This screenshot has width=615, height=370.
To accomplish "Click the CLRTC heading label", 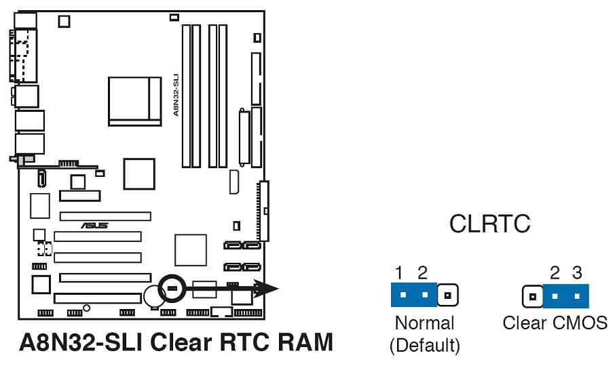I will point(489,224).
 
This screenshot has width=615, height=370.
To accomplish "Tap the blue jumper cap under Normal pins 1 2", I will point(414,295).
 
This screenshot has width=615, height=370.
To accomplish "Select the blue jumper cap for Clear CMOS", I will point(566,296).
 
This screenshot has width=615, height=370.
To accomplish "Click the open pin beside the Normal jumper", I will point(448,295).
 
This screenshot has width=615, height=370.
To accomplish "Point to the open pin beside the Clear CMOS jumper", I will point(533,296).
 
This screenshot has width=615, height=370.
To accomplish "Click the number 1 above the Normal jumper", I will point(399,274).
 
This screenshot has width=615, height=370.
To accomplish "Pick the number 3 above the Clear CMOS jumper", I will point(577,274).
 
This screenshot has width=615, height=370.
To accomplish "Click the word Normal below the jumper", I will point(424,323).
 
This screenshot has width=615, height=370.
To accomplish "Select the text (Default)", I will point(424,346).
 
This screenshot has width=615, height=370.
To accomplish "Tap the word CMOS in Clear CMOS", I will point(580,323).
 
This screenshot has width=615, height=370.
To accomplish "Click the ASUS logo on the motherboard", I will point(94,226).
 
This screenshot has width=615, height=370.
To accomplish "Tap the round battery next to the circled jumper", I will point(153,296).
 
